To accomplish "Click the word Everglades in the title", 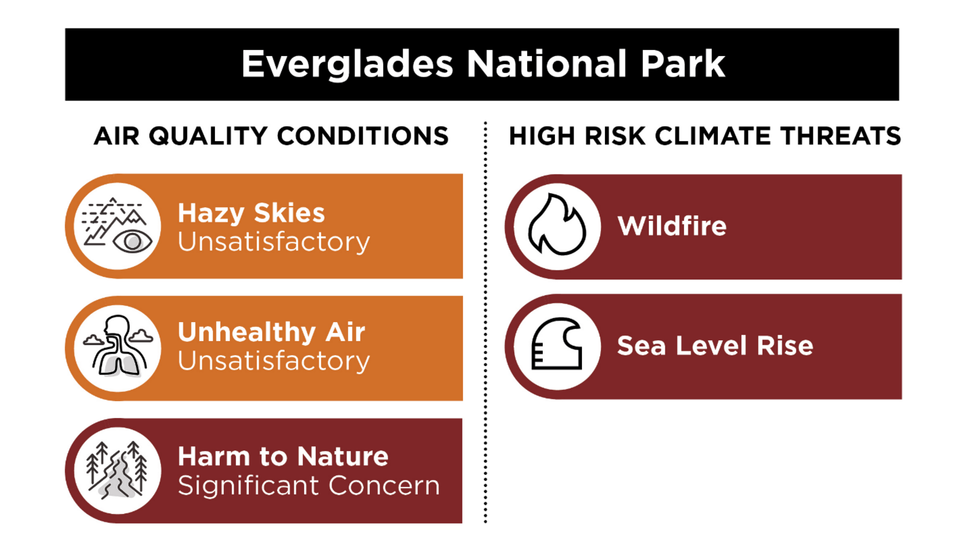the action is (347, 65).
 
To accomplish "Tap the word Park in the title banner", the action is (683, 64).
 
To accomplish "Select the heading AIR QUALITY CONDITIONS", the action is (271, 136).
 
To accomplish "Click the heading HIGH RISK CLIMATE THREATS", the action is (705, 136).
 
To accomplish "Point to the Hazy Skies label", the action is (251, 214).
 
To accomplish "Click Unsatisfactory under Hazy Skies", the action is (274, 242).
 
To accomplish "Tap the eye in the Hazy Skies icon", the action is (132, 241).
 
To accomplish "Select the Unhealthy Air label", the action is (272, 332).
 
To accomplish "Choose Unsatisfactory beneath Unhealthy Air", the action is (274, 361).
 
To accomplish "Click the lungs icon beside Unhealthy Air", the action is (118, 348).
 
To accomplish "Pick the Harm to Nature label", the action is (283, 456).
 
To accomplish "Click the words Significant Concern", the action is (309, 486).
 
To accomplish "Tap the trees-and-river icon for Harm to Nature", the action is (117, 470).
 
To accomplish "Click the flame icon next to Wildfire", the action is (557, 224).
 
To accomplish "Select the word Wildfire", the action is (672, 226).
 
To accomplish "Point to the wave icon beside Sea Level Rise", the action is (557, 344).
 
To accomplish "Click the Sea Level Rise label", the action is (715, 346).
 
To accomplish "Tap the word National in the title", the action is (546, 64).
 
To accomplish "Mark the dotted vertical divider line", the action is (485, 322).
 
